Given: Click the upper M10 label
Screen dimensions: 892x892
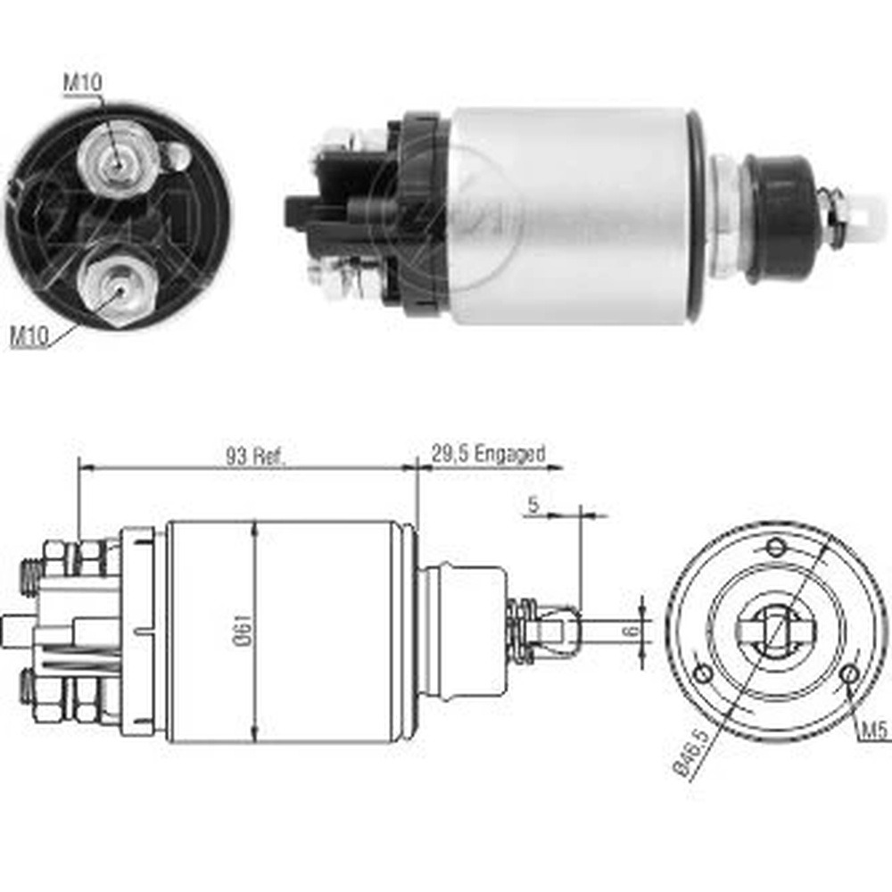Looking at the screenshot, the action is pyautogui.click(x=82, y=83).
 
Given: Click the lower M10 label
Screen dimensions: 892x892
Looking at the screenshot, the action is pyautogui.click(x=29, y=337).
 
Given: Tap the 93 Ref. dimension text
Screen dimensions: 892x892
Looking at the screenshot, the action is pyautogui.click(x=254, y=456).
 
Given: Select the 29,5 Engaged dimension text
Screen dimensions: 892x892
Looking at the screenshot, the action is pyautogui.click(x=488, y=453).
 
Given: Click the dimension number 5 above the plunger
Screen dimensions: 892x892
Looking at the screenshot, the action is pyautogui.click(x=533, y=504).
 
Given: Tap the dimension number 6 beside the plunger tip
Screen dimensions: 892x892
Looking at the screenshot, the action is pyautogui.click(x=632, y=631).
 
